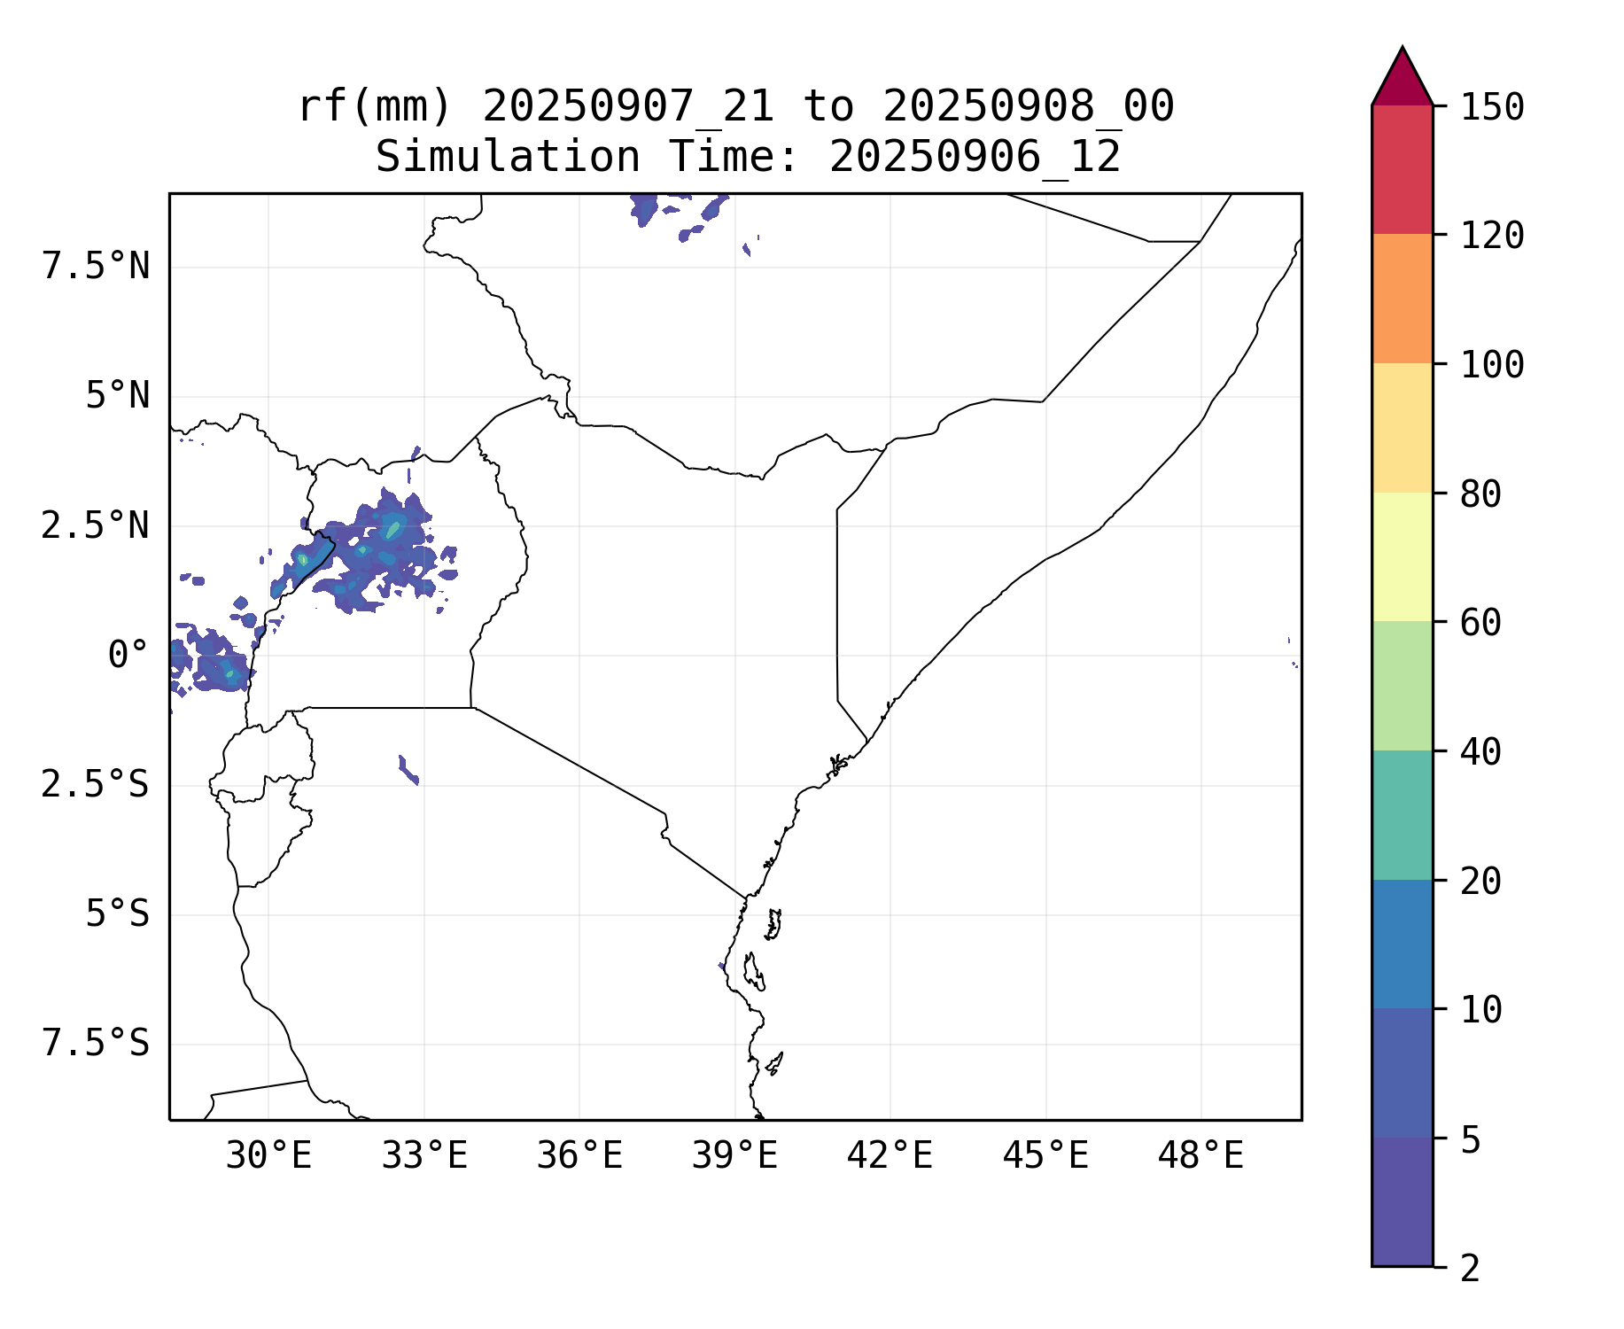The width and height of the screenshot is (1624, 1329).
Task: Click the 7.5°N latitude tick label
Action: [x=96, y=267]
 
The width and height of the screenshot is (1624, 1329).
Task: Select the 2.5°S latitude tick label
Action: [x=96, y=785]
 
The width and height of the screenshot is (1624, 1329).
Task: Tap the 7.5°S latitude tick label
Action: [x=96, y=1044]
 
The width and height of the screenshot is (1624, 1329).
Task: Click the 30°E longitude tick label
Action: [x=268, y=1156]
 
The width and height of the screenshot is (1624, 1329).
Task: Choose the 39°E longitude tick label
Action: [x=734, y=1156]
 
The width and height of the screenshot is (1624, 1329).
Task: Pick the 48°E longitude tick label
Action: [x=1201, y=1156]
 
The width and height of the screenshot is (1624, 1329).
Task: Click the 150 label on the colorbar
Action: [x=1492, y=107]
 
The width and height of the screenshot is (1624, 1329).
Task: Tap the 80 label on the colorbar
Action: [x=1480, y=494]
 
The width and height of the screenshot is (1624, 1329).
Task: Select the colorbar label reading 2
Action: [x=1470, y=1269]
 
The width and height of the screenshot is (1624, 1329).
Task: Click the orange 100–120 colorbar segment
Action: [x=1402, y=299]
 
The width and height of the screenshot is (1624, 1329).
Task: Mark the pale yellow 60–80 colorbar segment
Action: [x=1402, y=556]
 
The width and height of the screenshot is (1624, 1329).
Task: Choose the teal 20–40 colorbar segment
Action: [x=1402, y=815]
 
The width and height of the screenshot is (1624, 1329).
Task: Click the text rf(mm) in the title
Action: [x=375, y=107]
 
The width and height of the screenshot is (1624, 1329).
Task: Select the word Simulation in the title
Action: [x=508, y=158]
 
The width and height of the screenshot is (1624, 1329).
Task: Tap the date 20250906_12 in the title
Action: [x=975, y=158]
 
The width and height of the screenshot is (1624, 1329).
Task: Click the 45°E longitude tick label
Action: [x=1045, y=1156]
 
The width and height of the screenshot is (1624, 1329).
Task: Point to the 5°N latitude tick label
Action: [x=117, y=396]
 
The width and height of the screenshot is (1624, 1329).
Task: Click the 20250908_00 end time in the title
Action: [x=1028, y=107]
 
